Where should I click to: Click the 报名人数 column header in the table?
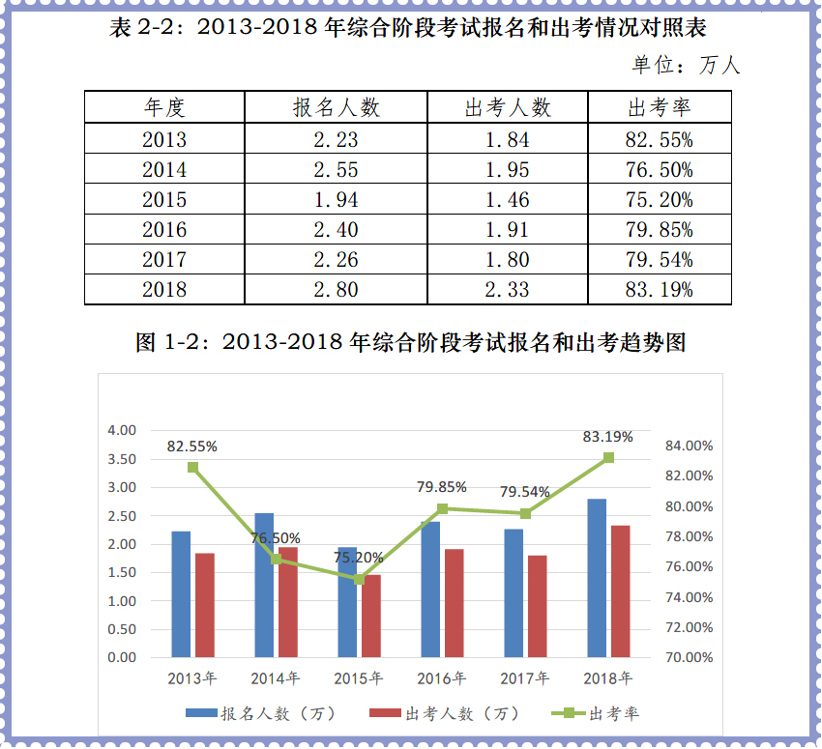[x=336, y=107]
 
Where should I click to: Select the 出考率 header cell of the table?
[x=659, y=107]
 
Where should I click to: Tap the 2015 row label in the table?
[x=164, y=200]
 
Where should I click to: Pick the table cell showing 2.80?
[x=336, y=289]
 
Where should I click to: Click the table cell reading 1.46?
[x=507, y=200]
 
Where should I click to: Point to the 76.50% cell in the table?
[x=659, y=170]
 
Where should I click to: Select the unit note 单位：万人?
[x=686, y=66]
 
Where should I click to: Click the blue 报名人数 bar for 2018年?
[x=597, y=578]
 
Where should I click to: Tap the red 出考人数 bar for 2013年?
[x=205, y=605]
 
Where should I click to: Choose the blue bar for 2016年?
[x=430, y=590]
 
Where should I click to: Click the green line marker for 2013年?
[x=192, y=467]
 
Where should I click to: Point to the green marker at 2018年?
[x=608, y=457]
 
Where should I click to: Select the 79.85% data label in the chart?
[x=442, y=487]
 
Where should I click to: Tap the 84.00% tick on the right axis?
[x=689, y=446]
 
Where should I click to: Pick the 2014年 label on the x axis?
[x=275, y=677]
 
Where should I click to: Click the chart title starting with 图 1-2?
[x=411, y=343]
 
